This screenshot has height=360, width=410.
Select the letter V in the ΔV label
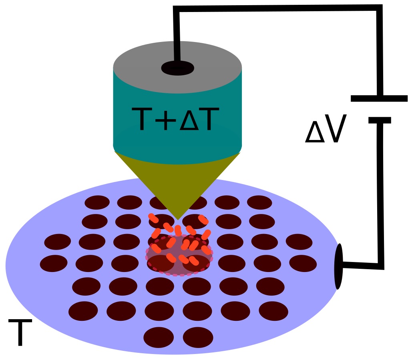[333, 131]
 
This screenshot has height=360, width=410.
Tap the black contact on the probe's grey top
[177, 68]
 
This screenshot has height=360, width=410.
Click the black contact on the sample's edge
[339, 266]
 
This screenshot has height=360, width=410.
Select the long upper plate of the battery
[379, 98]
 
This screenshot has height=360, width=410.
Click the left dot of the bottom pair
[159, 337]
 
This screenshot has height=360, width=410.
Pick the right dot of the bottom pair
[198, 337]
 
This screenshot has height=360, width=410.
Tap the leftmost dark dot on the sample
[54, 263]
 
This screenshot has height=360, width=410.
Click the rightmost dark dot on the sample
[303, 263]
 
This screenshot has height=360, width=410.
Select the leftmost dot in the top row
[97, 202]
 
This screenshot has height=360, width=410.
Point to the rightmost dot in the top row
[259, 202]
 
